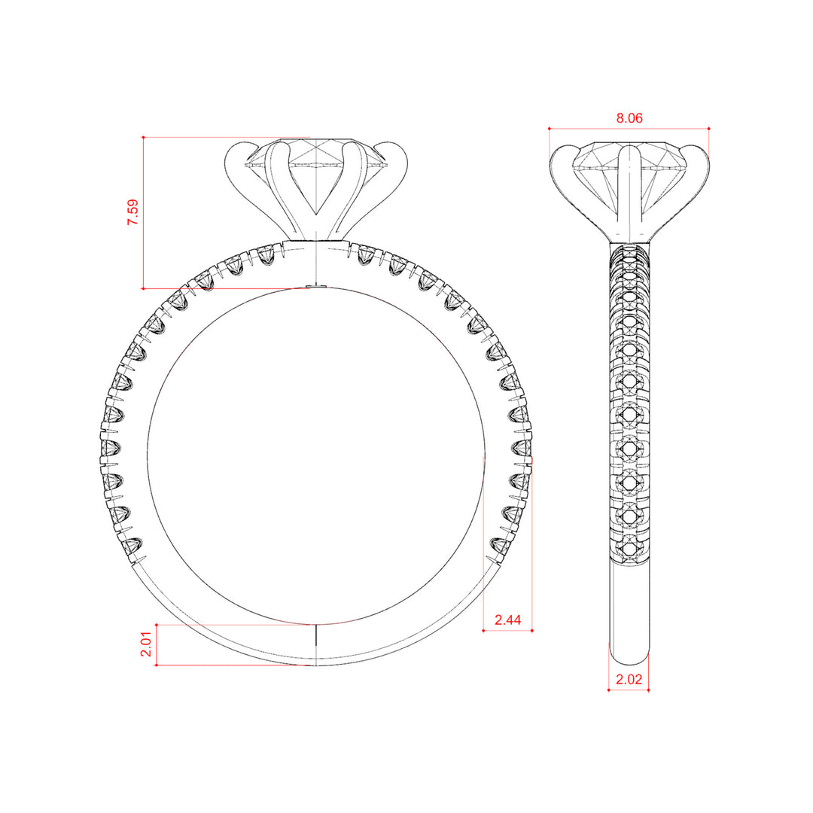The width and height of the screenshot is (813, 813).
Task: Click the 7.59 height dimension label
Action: point(132,212)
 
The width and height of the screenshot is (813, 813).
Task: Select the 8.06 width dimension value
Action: point(629,118)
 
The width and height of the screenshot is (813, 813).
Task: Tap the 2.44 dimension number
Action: point(507,620)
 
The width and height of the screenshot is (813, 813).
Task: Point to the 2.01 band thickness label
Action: point(146,644)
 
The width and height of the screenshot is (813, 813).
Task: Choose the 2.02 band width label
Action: point(629,679)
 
